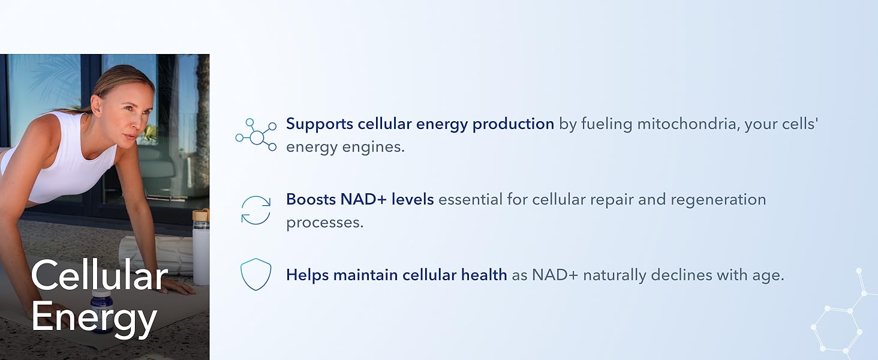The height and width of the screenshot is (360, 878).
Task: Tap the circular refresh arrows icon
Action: (x=255, y=210)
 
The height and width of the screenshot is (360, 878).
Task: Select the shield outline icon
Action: (x=255, y=274)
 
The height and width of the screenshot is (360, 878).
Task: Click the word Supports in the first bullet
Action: (x=320, y=125)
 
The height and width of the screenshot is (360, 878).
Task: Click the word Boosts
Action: (x=311, y=199)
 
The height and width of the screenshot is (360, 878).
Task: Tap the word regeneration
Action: (x=718, y=200)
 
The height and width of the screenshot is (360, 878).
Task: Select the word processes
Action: (x=324, y=223)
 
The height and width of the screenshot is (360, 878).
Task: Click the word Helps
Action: (x=308, y=275)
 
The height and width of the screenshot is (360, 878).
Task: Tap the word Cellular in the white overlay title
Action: (x=100, y=275)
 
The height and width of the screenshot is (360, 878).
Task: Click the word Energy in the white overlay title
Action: (x=94, y=318)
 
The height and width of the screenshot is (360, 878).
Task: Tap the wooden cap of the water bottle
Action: (x=201, y=215)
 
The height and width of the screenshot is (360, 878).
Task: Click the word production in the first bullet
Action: (x=513, y=125)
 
